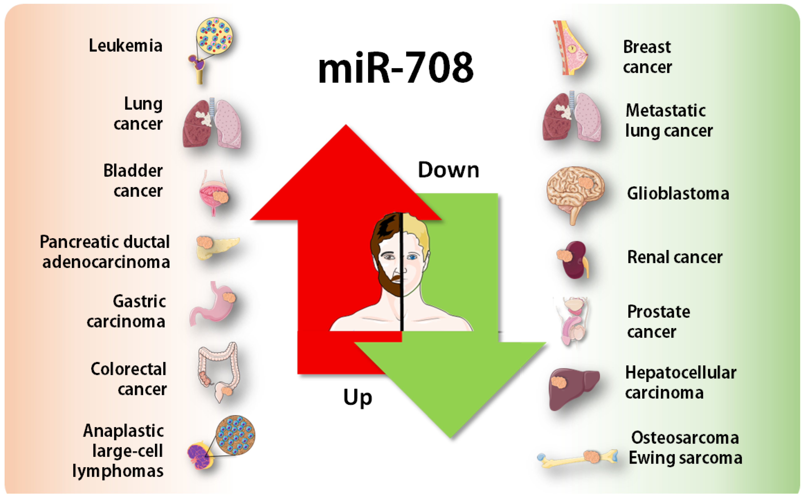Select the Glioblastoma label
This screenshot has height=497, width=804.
pos(678,193)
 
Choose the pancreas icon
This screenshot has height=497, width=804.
pos(217,246)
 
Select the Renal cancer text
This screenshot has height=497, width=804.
pos(675,257)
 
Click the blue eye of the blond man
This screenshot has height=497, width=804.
pos(412,257)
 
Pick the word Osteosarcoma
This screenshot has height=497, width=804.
pos(685,438)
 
